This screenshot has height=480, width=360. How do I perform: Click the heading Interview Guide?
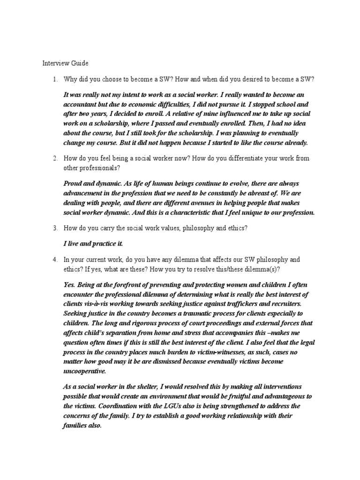click(65, 63)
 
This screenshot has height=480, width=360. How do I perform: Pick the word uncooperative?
click(84, 371)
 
